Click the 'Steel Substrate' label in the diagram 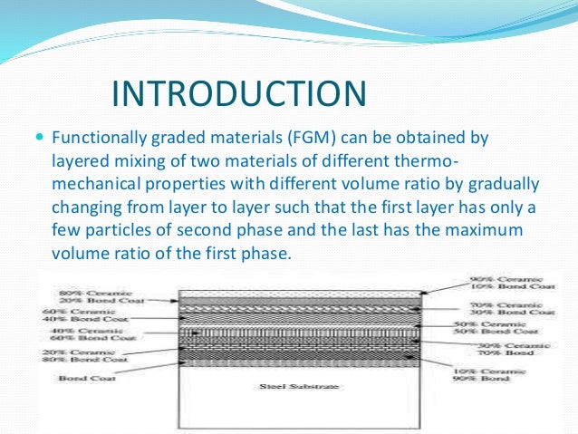pos(285,387)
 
